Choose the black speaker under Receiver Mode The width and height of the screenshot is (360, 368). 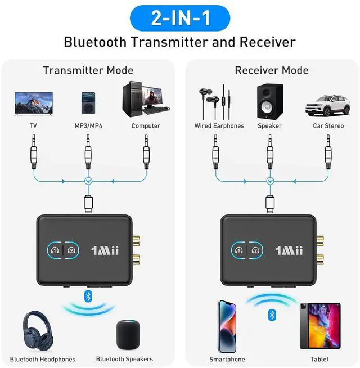pos(269,101)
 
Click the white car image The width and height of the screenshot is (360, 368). pos(327,105)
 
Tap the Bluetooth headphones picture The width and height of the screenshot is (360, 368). pos(40,333)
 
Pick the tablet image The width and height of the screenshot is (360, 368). pos(319,325)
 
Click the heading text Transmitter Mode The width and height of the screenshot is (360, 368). pos(88,70)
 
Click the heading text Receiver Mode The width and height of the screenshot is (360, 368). pos(272,70)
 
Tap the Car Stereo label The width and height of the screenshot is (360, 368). pos(328,126)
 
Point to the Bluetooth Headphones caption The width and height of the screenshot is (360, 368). pos(43,359)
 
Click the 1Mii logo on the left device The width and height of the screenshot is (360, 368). pos(105,250)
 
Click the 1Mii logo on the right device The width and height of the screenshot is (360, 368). pos(289,250)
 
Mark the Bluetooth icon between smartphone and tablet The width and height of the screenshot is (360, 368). pos(272,313)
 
